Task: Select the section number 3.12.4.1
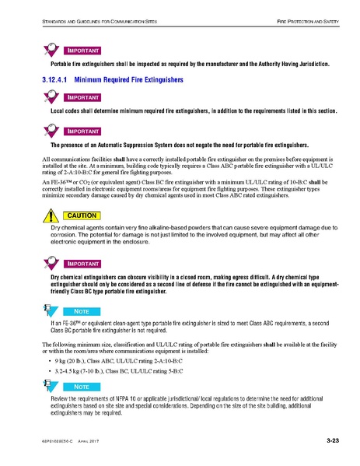point(55,80)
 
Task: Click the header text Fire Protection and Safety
point(298,12)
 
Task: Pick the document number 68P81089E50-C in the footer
point(47,443)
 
